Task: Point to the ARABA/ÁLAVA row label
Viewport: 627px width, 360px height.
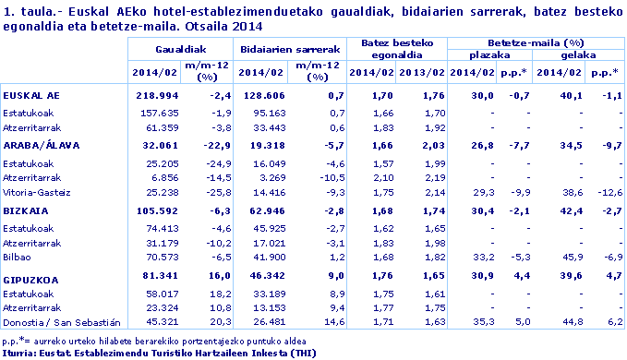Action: point(42,146)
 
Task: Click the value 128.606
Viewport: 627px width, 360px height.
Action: point(261,95)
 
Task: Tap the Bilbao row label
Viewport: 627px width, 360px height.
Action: point(18,258)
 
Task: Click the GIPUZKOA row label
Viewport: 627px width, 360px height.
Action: point(32,274)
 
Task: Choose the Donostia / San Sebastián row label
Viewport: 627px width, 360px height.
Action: point(62,322)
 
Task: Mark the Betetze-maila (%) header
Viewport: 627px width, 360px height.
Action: point(536,42)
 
